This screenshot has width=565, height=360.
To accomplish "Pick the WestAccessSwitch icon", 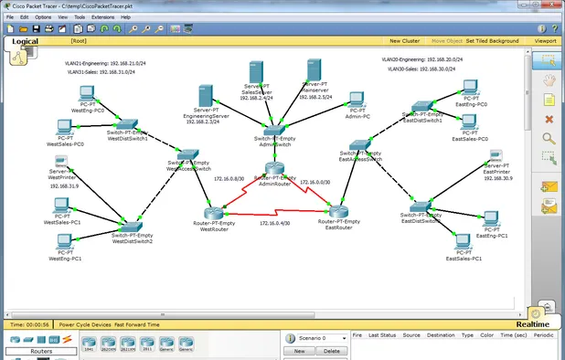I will point(187,155).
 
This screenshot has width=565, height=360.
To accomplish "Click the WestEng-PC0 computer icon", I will point(87,93).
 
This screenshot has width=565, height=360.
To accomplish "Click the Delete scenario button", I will point(331,351).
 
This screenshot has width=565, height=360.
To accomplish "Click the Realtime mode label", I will point(532,324).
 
